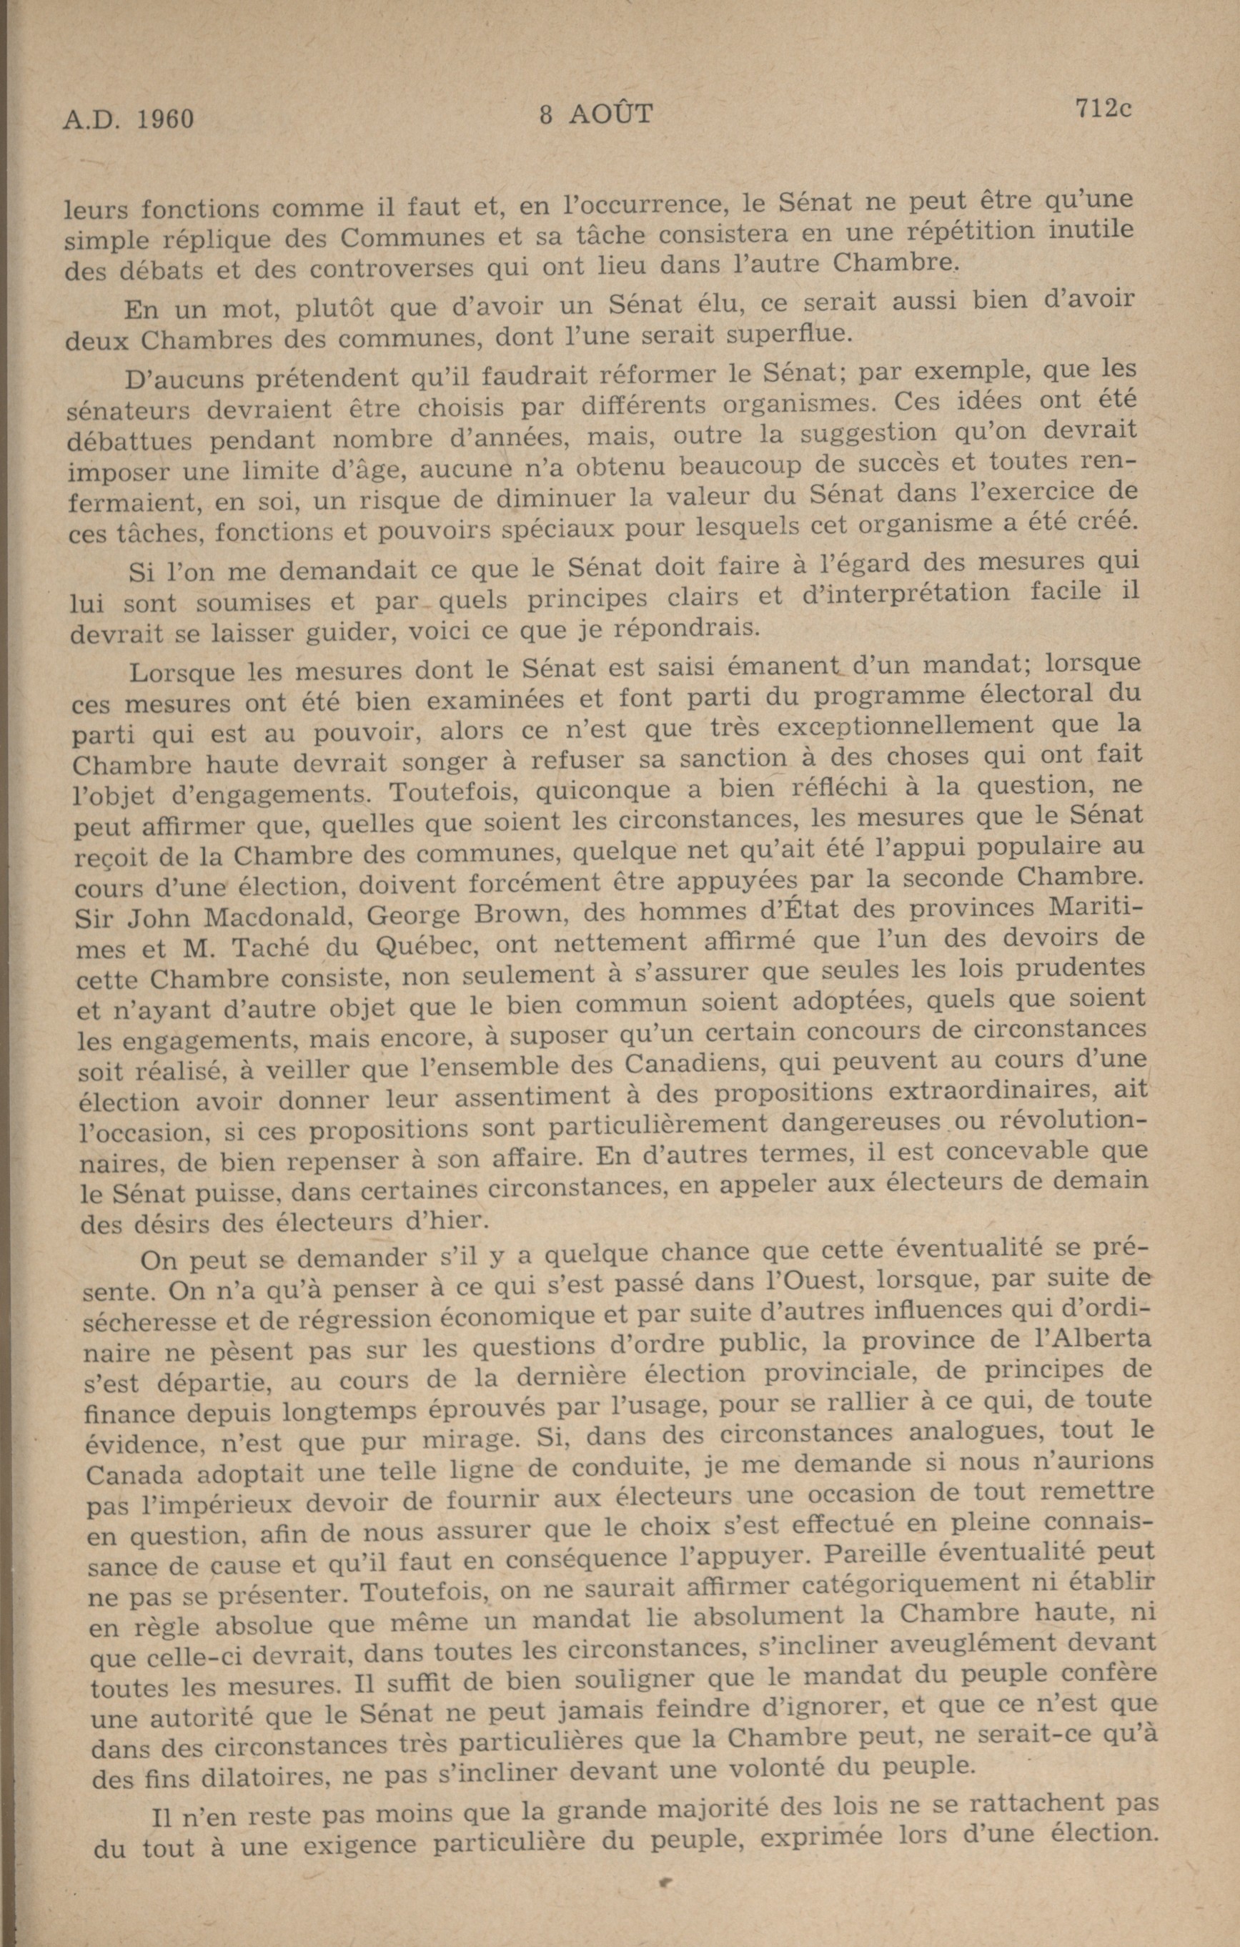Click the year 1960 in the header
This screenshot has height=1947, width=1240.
coord(165,119)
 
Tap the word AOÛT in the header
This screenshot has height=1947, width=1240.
coord(610,115)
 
